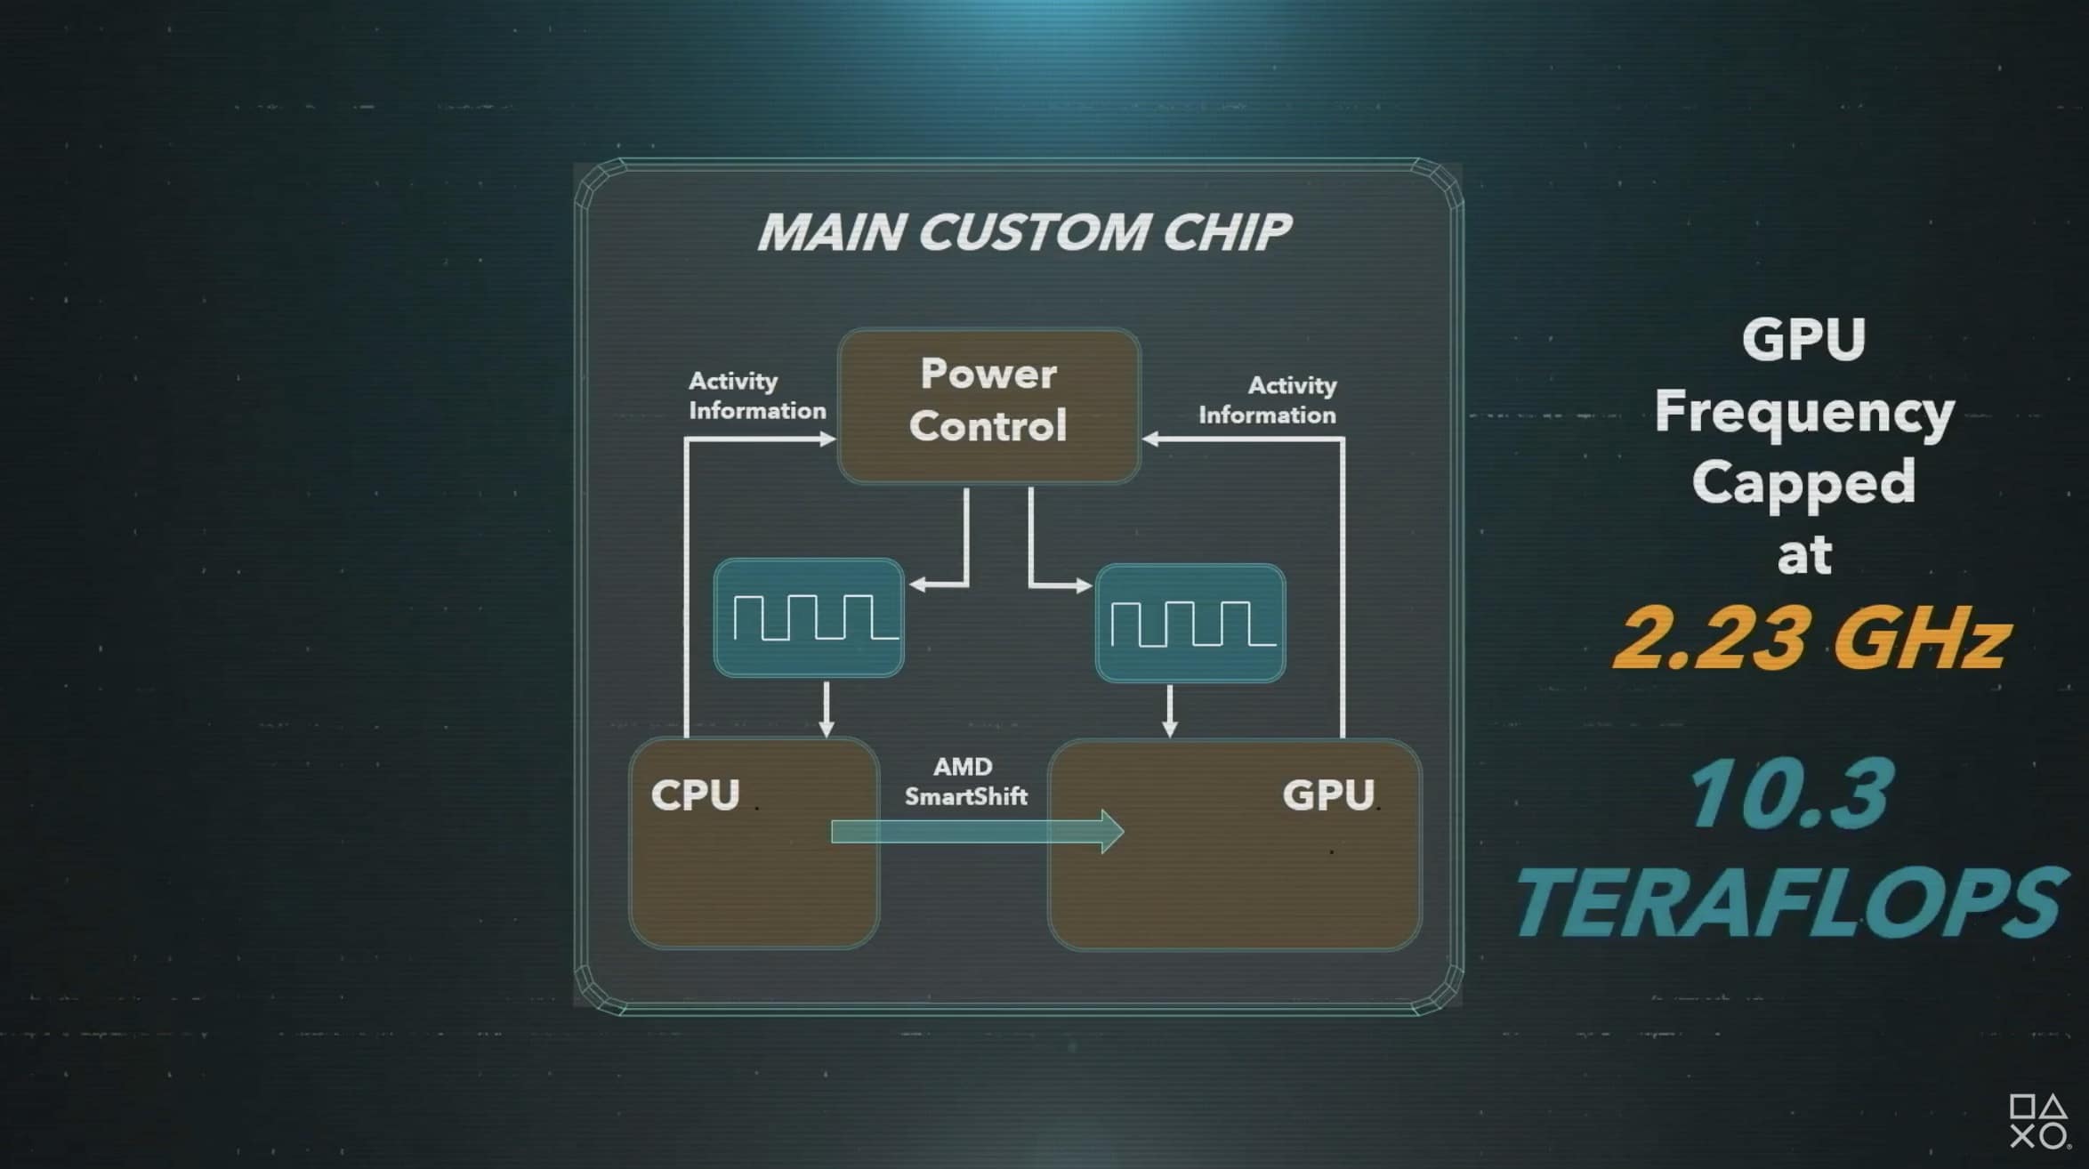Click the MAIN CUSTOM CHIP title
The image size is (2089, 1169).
(x=1023, y=231)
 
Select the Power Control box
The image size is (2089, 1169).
(x=988, y=407)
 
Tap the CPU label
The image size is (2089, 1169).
(x=695, y=794)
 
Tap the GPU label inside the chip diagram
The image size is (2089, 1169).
(x=1328, y=794)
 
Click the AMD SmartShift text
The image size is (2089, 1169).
(x=965, y=781)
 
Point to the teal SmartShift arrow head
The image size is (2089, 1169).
(x=1112, y=832)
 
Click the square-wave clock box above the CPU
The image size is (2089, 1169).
(x=809, y=617)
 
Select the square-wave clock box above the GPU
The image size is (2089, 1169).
(x=1190, y=623)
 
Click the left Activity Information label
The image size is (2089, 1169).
(x=756, y=396)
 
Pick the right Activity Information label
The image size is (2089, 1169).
(x=1268, y=400)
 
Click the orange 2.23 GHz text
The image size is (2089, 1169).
(x=1811, y=637)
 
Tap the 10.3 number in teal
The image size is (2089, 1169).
(x=1790, y=794)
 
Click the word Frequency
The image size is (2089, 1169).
(x=1804, y=414)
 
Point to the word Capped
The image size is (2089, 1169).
(x=1803, y=483)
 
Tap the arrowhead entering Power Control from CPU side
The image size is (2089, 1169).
(x=827, y=439)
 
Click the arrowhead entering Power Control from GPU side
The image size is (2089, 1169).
(x=1150, y=439)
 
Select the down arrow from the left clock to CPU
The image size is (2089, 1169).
(x=827, y=710)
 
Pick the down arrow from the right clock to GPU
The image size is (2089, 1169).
(x=1170, y=711)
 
